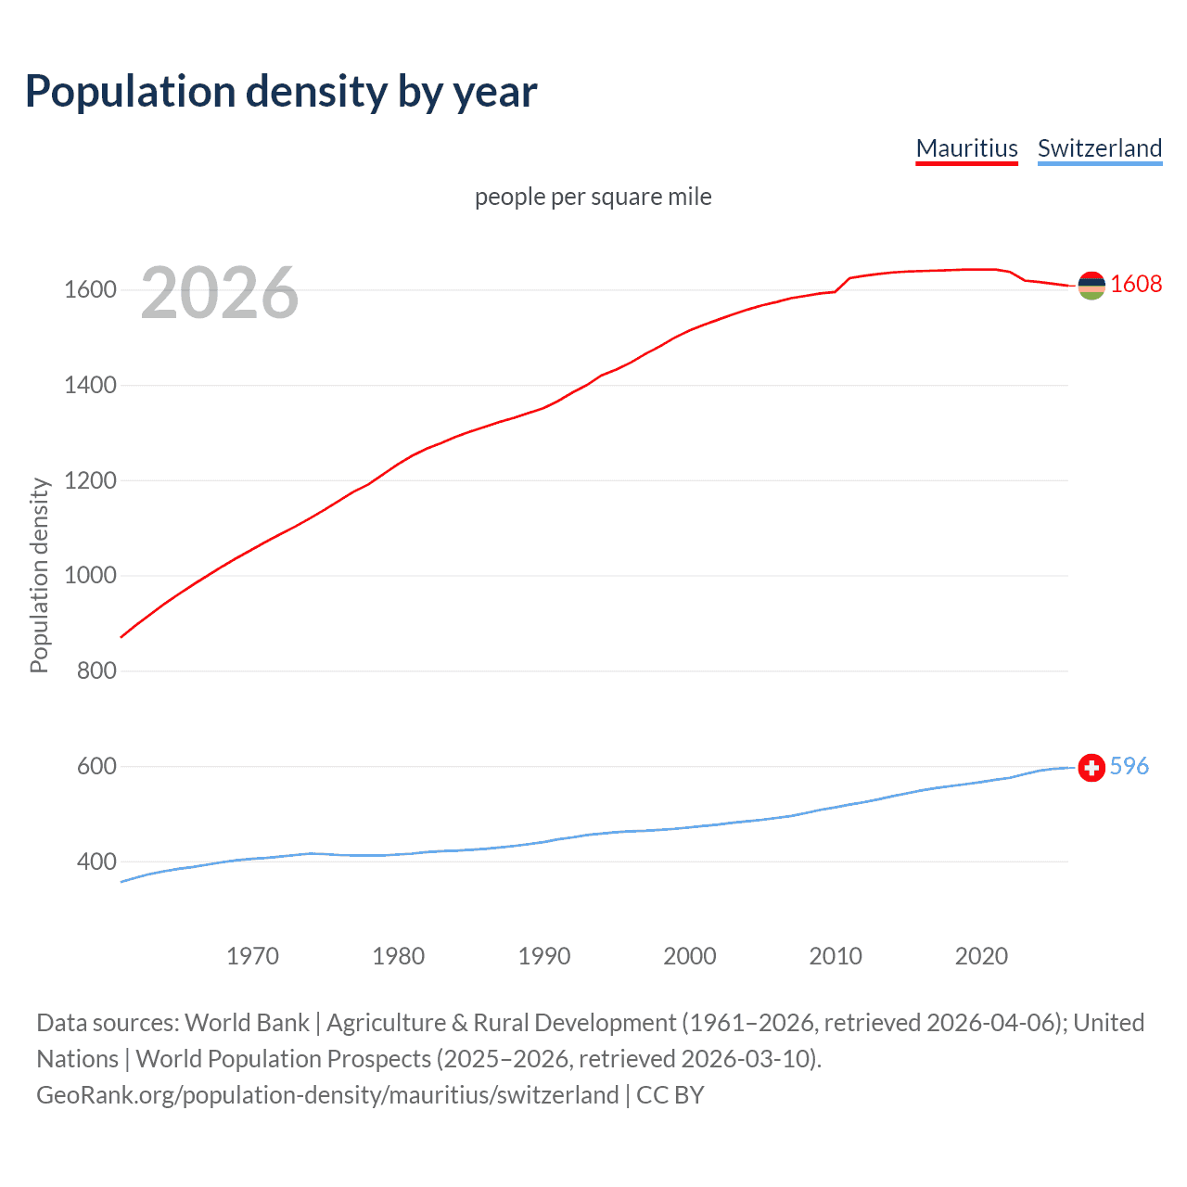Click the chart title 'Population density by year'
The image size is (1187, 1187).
tap(281, 91)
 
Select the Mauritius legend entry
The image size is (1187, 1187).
tap(966, 148)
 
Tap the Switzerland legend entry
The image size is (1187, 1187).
tap(1099, 148)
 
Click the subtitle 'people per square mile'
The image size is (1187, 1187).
tap(593, 197)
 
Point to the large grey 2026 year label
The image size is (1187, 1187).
tap(220, 293)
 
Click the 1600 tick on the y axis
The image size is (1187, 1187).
tap(90, 290)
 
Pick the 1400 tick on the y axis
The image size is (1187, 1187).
tap(90, 385)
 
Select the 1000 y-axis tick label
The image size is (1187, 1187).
tap(90, 576)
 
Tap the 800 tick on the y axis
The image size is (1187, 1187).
tap(96, 670)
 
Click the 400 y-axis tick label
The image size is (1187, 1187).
tap(96, 862)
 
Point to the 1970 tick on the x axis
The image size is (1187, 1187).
tap(252, 956)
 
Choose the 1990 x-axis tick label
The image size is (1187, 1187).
tap(544, 956)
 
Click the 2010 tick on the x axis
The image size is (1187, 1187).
tap(836, 956)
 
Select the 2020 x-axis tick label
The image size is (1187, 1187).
tap(981, 956)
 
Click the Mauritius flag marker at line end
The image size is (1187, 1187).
tap(1091, 286)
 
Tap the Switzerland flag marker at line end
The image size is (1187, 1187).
tap(1091, 768)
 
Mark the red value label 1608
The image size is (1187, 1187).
tap(1136, 284)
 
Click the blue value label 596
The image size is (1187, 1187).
tap(1129, 766)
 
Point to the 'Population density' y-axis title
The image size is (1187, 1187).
tap(39, 575)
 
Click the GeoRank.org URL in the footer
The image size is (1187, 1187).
tap(327, 1094)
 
